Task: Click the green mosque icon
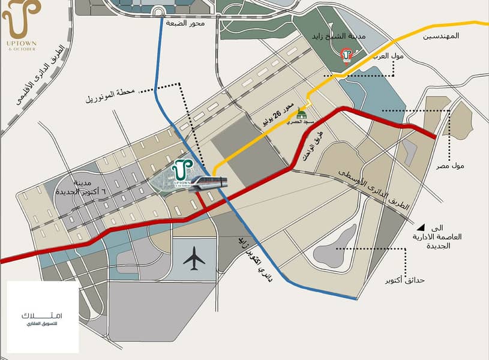click(302, 114)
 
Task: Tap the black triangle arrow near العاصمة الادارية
click(422, 227)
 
